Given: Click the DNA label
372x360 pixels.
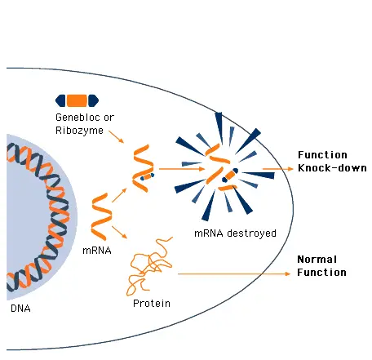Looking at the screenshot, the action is click(20, 309).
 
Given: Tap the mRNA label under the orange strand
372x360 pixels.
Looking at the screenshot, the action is click(97, 251).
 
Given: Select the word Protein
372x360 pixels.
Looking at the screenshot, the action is click(152, 303).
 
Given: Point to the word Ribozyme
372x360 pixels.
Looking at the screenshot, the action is click(79, 131).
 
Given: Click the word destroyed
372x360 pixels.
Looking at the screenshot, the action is click(251, 233).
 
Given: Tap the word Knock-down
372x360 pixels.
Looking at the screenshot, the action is click(332, 168).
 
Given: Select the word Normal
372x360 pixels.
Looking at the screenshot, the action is click(317, 260).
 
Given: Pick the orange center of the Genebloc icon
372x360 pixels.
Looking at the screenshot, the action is click(77, 100).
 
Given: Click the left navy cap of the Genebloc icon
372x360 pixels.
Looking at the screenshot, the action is click(60, 100).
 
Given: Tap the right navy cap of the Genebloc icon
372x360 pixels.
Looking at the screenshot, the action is click(93, 100).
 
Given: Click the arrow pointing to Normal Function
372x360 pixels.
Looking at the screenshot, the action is click(234, 273).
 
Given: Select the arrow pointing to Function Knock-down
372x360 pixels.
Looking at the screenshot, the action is click(277, 169).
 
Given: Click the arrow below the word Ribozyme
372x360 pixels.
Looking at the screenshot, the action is click(117, 136).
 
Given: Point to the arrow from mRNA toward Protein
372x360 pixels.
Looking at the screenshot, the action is click(120, 233).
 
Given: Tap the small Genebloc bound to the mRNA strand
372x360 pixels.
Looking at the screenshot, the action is click(147, 176).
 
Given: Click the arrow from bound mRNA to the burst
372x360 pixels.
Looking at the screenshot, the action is click(182, 169).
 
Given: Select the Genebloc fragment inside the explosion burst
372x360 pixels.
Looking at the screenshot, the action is click(230, 176).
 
